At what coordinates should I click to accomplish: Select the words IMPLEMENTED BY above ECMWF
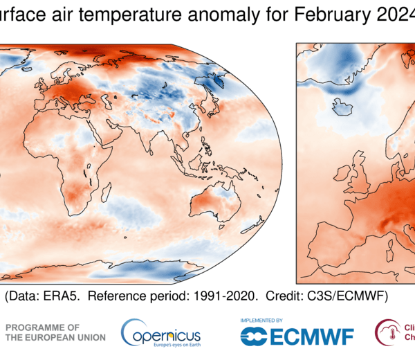(261, 321)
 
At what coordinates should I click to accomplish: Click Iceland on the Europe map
(342, 107)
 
